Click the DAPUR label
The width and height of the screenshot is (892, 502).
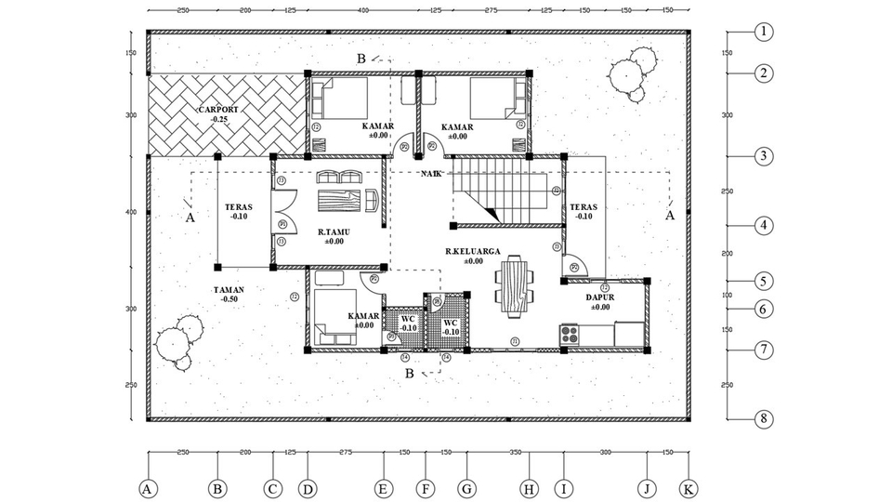click(599, 298)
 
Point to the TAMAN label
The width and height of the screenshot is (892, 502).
click(228, 289)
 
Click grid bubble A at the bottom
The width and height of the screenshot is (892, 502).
click(146, 488)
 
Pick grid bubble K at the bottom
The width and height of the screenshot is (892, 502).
click(689, 488)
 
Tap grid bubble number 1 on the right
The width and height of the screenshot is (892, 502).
click(763, 32)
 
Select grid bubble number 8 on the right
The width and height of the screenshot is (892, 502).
click(763, 419)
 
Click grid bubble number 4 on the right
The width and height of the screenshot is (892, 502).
click(763, 225)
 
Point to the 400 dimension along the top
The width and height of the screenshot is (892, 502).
click(362, 10)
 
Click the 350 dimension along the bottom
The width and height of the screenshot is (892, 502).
click(514, 452)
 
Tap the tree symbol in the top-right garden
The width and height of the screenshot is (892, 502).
click(630, 73)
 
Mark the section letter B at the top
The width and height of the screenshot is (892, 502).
click(361, 59)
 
